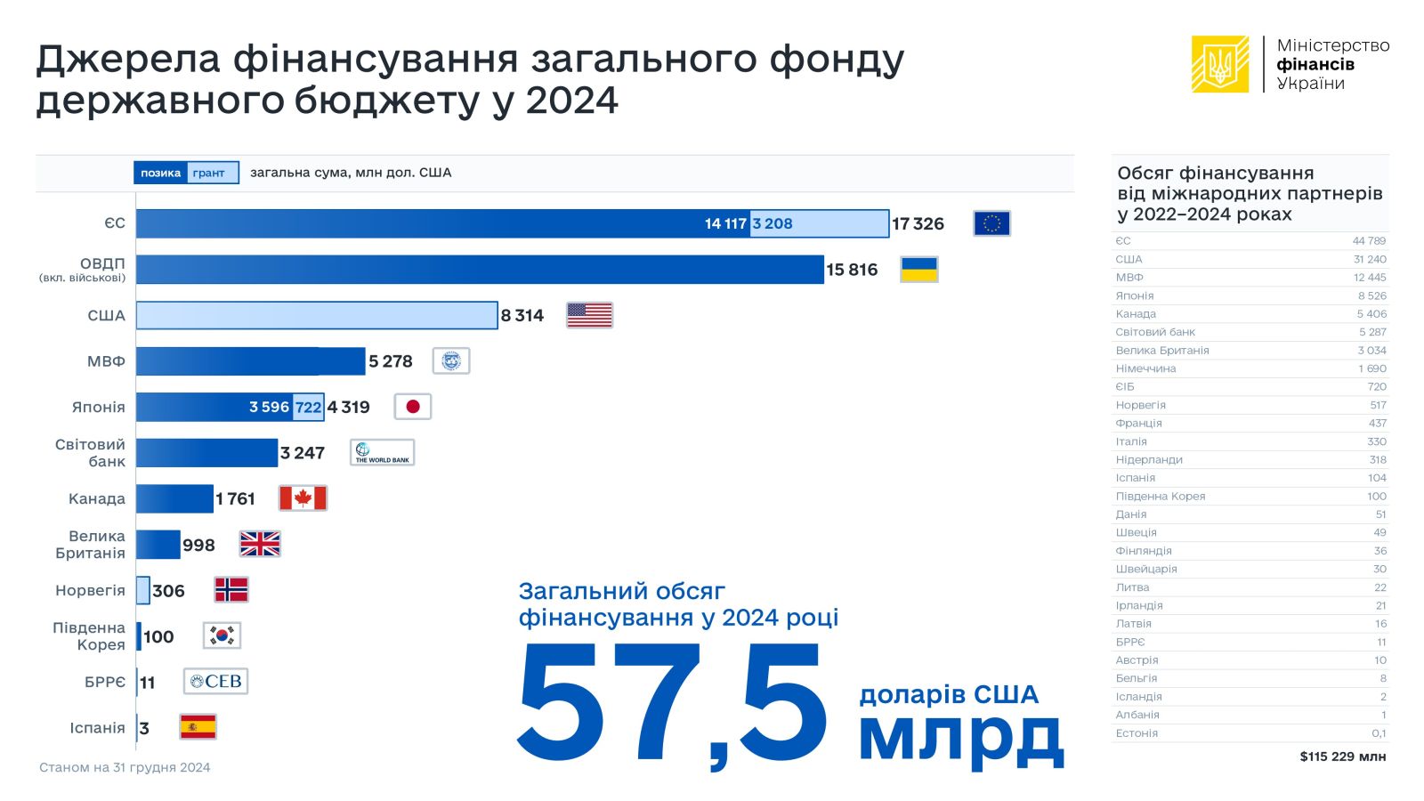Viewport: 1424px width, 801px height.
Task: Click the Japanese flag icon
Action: pos(412,407)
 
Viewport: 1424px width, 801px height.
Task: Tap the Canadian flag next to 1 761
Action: pos(303,498)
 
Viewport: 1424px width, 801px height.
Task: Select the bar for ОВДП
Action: pos(480,270)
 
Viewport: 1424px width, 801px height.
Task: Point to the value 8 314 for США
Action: pos(522,316)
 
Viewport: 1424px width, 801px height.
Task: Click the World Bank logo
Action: pos(382,453)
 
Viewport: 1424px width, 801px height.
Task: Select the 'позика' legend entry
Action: pos(160,173)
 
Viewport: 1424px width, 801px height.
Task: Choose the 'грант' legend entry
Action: pos(209,173)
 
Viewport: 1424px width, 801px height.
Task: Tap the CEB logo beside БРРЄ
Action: pos(215,682)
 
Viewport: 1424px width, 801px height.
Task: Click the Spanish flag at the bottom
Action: pos(198,727)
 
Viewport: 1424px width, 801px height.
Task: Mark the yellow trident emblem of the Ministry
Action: pos(1220,64)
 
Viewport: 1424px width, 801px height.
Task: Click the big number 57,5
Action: pos(672,703)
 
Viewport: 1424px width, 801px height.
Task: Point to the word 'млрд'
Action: pos(961,736)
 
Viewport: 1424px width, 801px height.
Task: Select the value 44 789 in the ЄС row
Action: pos(1369,241)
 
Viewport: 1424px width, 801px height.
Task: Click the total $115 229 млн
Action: pos(1343,756)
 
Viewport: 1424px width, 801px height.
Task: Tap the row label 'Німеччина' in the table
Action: pos(1145,368)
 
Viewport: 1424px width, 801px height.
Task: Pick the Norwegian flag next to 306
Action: pos(231,590)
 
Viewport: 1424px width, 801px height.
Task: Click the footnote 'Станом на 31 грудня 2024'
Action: pos(125,767)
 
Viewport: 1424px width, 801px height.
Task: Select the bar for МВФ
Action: pos(250,361)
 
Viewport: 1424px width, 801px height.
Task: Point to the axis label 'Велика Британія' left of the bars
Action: pos(90,545)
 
